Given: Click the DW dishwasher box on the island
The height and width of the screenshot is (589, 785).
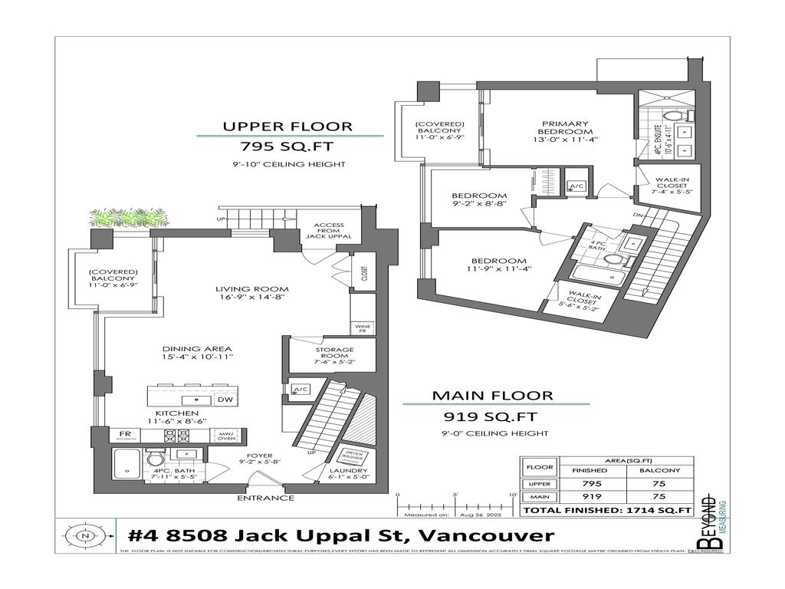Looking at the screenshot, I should [x=225, y=400].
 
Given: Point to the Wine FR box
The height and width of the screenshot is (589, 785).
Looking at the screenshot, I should [x=362, y=327].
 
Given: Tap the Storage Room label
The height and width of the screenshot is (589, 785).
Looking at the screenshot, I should [x=334, y=354].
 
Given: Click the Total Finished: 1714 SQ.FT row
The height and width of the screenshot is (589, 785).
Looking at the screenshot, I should [x=606, y=510].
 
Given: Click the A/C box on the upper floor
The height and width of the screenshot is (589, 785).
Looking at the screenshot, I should [x=575, y=186].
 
